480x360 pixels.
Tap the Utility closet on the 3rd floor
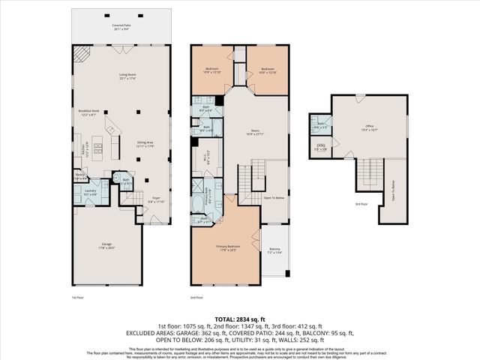(x=320, y=147)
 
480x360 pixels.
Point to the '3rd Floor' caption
(x=361, y=203)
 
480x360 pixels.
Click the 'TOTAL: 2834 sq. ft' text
(x=239, y=318)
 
